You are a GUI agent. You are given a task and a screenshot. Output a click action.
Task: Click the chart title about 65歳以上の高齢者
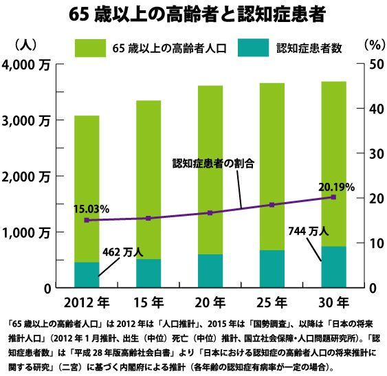click(x=197, y=15)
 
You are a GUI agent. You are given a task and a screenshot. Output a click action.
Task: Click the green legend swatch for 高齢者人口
click(x=90, y=48)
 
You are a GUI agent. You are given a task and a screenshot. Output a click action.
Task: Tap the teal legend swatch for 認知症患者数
click(x=253, y=48)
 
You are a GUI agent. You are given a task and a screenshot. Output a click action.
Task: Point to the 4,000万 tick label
click(x=26, y=65)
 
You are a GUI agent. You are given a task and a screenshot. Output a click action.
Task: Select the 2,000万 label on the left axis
click(x=26, y=177)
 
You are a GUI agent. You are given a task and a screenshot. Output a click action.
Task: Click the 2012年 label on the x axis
click(x=87, y=302)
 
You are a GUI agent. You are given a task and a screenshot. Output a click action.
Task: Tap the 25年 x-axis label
click(x=272, y=302)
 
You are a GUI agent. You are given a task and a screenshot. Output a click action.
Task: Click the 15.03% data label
click(x=91, y=210)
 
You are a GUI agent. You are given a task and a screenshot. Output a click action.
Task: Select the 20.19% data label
click(x=336, y=188)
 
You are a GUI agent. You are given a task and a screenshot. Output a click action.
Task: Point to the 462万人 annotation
click(x=122, y=252)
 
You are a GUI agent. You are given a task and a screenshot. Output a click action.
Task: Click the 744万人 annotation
click(x=309, y=232)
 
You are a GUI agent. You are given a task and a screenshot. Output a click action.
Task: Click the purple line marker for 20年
click(x=210, y=213)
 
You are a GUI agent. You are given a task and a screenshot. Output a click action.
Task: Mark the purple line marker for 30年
click(x=333, y=197)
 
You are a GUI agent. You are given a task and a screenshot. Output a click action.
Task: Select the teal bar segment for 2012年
click(x=87, y=275)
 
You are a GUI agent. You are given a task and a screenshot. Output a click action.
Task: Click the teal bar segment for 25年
click(x=272, y=269)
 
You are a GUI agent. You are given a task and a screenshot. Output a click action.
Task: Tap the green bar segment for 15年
click(x=148, y=179)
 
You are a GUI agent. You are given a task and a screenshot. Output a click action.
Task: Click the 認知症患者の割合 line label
click(x=213, y=163)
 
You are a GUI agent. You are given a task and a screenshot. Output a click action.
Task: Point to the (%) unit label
click(x=375, y=45)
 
